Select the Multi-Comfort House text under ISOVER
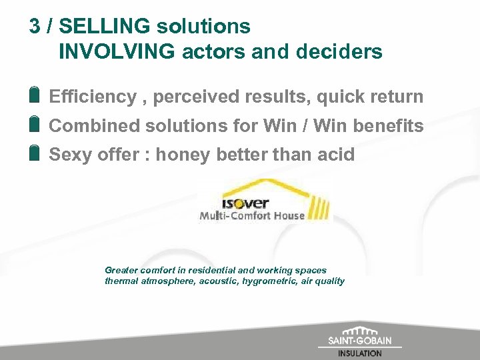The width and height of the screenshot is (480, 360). coord(252,215)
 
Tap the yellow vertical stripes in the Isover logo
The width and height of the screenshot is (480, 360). coord(319,207)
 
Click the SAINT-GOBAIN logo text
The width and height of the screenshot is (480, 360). coord(360,341)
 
